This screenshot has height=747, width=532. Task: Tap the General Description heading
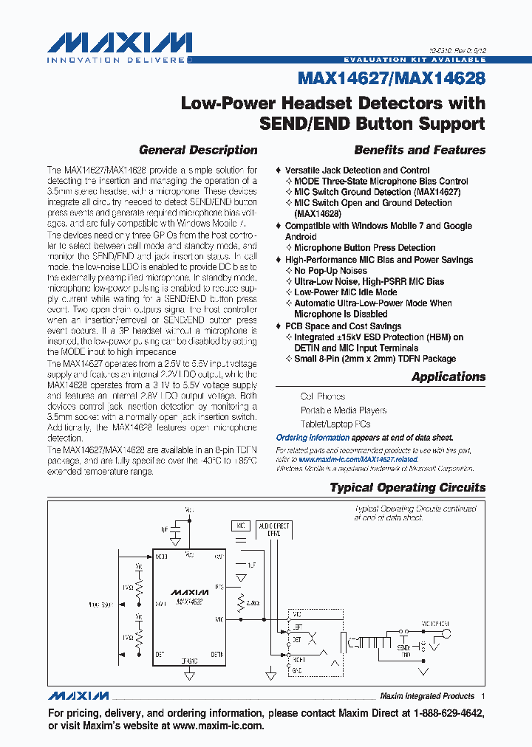coord(198,150)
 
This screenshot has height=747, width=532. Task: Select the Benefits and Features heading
coord(420,150)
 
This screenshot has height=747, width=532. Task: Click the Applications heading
coord(449,376)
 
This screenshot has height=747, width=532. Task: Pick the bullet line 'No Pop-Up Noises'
coord(330,271)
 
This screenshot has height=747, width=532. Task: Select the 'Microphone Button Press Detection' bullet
coord(364,248)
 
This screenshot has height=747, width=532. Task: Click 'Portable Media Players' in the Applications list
coord(343,410)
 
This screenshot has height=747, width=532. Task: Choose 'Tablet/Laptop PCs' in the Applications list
coord(335,424)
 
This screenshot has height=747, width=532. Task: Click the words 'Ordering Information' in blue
coord(313,437)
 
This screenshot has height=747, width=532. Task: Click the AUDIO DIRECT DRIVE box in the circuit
coord(273,529)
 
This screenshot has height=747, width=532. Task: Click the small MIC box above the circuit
coord(240,526)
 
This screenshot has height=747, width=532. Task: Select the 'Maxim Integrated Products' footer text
coord(426,696)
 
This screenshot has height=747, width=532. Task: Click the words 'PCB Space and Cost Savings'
coord(343,326)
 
